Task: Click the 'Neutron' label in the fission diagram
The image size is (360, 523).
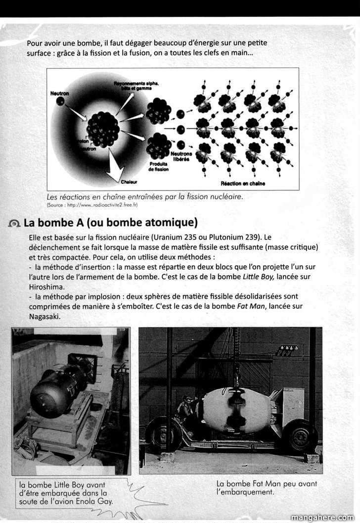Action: point(59,93)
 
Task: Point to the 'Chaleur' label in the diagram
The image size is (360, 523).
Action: point(128,182)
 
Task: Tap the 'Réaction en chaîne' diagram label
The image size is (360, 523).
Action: point(242,184)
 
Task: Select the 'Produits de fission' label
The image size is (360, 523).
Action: point(158,166)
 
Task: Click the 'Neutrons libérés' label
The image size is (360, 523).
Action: point(181,156)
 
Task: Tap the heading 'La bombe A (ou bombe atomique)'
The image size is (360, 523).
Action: point(110,223)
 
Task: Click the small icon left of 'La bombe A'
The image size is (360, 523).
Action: point(14,224)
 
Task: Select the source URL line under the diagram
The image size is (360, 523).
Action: point(92,204)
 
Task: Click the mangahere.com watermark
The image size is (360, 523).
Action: point(322,518)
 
